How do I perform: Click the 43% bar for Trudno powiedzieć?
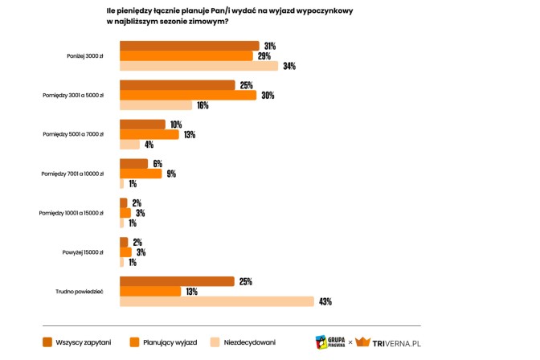coord(216,301)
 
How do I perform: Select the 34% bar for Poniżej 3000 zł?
coord(198,66)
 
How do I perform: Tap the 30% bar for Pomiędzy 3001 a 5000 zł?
coord(187,95)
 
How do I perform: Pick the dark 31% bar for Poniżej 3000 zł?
coord(189,46)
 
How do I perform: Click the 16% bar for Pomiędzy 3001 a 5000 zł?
coord(156,105)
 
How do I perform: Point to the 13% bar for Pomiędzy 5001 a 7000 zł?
coord(149,134)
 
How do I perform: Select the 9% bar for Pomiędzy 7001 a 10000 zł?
coord(141,174)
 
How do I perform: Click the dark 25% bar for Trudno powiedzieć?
coord(177,281)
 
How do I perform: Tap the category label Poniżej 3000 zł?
coord(84,56)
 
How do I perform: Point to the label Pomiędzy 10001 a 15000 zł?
coord(72,213)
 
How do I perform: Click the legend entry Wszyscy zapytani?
coord(84,342)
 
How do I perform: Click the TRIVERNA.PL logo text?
coord(396,343)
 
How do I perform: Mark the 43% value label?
coord(325,302)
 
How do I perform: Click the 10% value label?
coord(175,125)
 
